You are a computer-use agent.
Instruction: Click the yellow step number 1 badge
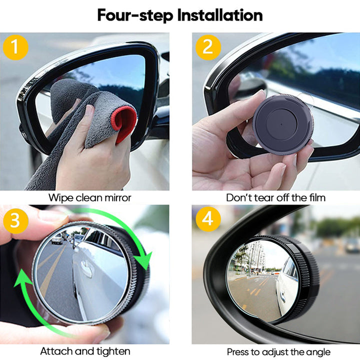[15, 47]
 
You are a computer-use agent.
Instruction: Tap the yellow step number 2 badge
[207, 47]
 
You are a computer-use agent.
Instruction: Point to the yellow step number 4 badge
[207, 219]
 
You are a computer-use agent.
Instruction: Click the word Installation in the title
[220, 15]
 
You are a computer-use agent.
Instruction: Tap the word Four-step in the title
[135, 15]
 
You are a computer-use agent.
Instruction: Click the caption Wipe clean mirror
[89, 197]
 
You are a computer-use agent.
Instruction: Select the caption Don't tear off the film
[275, 197]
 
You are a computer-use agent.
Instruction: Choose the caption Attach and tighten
[85, 351]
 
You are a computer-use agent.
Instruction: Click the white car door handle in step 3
[86, 270]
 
